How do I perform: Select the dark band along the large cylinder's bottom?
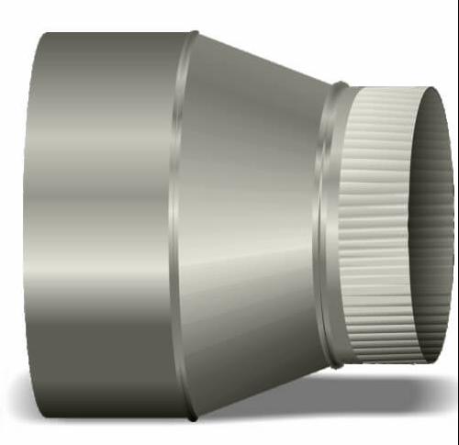[x=101, y=385]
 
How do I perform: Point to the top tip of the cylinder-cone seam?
[x=194, y=34]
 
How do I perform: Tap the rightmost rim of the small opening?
[x=453, y=220]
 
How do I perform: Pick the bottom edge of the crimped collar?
[x=386, y=359]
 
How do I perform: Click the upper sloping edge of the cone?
[x=266, y=59]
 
